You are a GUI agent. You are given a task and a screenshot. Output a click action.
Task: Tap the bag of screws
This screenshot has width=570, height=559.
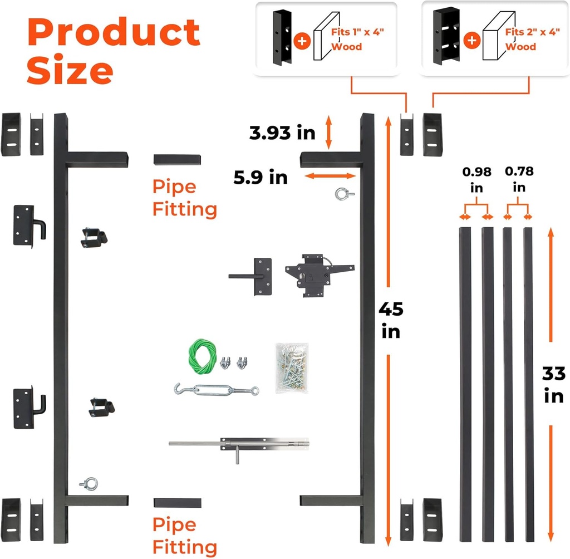pyautogui.click(x=291, y=368)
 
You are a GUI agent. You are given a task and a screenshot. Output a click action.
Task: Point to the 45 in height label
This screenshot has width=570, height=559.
pyautogui.click(x=391, y=320)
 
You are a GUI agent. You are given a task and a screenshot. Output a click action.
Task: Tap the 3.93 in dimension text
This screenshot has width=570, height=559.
pyautogui.click(x=283, y=133)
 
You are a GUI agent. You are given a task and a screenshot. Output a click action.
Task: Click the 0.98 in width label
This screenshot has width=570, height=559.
pyautogui.click(x=476, y=180)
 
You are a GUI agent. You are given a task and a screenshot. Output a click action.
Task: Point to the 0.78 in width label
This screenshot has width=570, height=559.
pyautogui.click(x=519, y=180)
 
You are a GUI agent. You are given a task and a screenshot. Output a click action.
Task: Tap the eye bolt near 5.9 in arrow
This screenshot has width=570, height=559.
pyautogui.click(x=341, y=194)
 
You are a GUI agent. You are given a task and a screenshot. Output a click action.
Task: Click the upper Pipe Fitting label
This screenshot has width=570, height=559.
pyautogui.click(x=184, y=198)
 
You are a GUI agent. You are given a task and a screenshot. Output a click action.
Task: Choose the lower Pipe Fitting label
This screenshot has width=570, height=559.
pyautogui.click(x=184, y=536)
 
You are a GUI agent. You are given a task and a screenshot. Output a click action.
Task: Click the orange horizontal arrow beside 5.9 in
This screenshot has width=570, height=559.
pyautogui.click(x=331, y=176)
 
